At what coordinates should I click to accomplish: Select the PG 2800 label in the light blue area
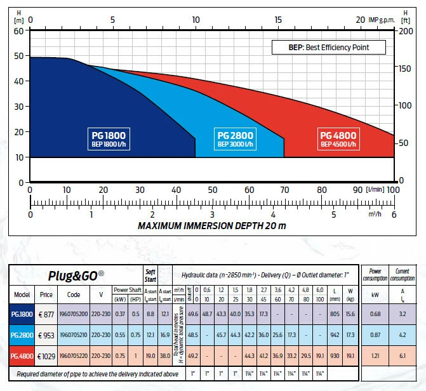(x=236, y=140)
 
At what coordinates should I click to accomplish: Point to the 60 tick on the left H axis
(x=18, y=30)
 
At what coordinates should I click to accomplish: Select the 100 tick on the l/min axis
(x=393, y=190)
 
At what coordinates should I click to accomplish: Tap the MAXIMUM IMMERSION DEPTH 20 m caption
(x=212, y=227)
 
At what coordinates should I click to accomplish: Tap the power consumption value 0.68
(x=375, y=314)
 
